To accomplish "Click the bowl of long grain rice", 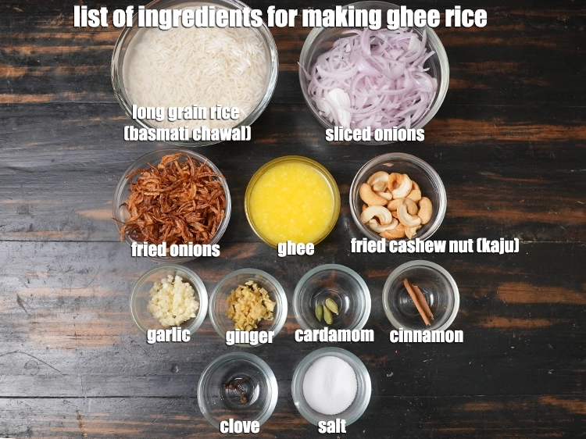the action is tap(195, 71).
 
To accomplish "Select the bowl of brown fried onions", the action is tap(173, 202).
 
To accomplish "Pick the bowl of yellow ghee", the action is tap(292, 202).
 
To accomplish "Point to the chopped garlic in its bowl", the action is tap(173, 301).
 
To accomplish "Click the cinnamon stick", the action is tap(418, 302).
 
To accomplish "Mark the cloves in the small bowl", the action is tap(238, 389).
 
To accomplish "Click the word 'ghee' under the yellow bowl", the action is tap(295, 249).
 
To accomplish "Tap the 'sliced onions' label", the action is tap(375, 134).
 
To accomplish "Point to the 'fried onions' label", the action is tap(175, 250).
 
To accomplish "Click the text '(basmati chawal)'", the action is tap(188, 134).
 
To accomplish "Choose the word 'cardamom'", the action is tap(334, 335).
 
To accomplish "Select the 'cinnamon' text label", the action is tap(427, 336).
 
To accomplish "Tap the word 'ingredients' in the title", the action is tap(200, 17).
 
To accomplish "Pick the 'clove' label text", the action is tap(240, 426).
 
